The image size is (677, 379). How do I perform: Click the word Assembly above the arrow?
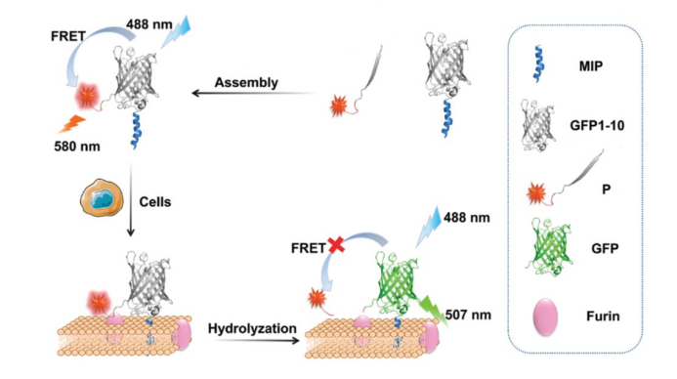pos(246,82)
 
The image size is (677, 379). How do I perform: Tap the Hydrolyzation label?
pos(252,328)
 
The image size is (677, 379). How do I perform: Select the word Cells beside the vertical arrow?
pos(155,201)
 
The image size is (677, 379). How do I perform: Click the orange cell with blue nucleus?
pos(102,197)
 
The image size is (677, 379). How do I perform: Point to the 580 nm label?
pos(77,147)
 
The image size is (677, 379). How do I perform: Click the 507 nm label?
pos(468,315)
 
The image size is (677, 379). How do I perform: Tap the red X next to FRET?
pos(336,245)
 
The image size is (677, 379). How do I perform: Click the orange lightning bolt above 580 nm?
pos(71,123)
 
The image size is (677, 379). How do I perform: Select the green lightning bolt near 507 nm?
pos(434,310)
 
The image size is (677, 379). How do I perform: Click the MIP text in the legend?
pos(591,66)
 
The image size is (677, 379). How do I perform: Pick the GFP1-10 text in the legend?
pos(597,126)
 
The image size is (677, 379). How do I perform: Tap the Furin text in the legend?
pos(603,316)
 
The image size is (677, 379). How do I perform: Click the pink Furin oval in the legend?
pos(545,316)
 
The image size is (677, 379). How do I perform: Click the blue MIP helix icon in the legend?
pos(539,63)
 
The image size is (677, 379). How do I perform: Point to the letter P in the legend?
pos(606,189)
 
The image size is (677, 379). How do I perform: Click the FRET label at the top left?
pos(68,36)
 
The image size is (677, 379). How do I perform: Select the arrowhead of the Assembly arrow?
pos(195,93)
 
